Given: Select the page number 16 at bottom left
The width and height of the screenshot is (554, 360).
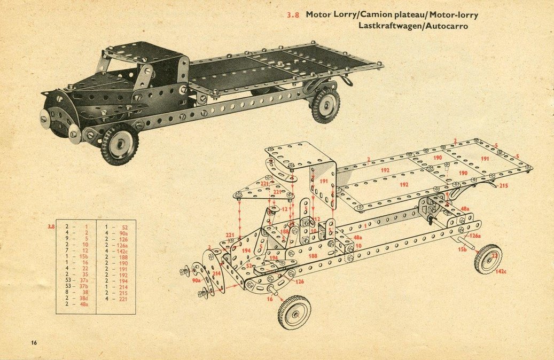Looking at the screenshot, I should (x=34, y=342).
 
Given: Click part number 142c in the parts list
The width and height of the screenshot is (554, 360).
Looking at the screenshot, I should (x=122, y=252).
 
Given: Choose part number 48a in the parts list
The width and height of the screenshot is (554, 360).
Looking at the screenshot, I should (x=83, y=304).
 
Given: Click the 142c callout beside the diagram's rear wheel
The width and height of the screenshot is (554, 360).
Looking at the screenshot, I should (x=501, y=271).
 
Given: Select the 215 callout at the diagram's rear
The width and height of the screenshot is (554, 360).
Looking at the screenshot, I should (x=503, y=186).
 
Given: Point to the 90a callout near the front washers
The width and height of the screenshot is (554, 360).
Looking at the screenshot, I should (x=197, y=279).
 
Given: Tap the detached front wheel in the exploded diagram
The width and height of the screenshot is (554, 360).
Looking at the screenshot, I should (x=294, y=312).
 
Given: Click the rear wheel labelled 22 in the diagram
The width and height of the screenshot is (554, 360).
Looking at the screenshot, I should (x=488, y=259).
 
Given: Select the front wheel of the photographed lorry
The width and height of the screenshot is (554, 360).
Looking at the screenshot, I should (x=119, y=144).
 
